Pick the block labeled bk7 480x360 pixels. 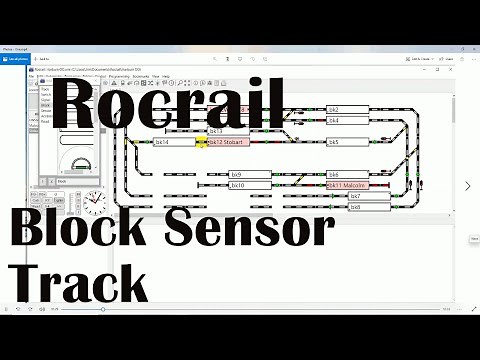pos(368,196)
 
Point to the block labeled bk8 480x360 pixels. pos(368,207)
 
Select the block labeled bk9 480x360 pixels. pos(250,174)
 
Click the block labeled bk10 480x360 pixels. pos(250,185)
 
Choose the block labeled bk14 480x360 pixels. pos(175,142)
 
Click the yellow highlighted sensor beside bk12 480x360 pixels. pos(201,143)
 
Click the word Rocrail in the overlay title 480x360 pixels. pos(170,105)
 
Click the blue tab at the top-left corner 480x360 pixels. pos(17,60)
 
